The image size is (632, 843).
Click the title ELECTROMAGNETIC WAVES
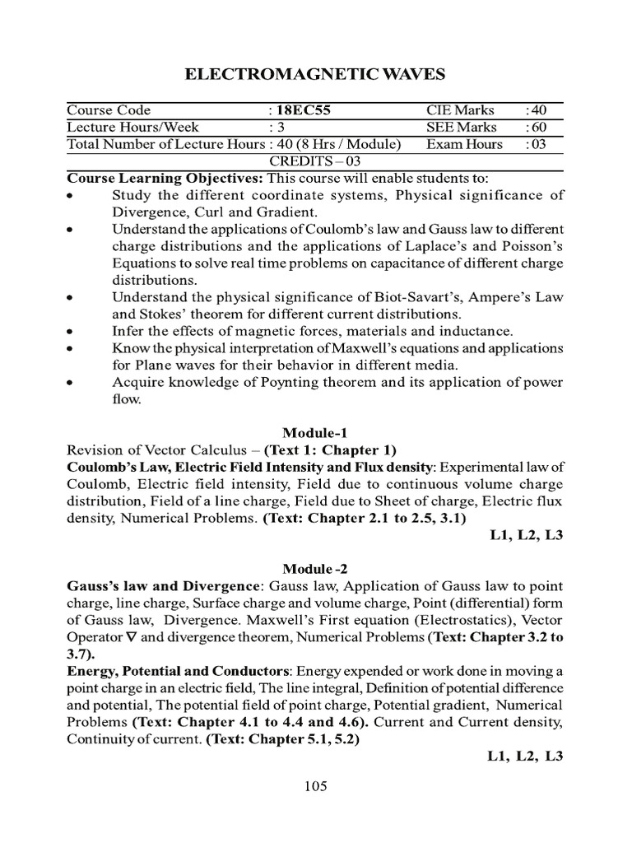click(316, 75)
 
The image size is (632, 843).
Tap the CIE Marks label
click(460, 110)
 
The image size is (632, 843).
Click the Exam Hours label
click(464, 144)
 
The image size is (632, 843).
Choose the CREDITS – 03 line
click(316, 161)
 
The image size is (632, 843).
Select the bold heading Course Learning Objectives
click(153, 178)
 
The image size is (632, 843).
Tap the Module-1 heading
click(316, 432)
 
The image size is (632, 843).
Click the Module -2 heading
click(316, 569)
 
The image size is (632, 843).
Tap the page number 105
click(316, 785)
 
